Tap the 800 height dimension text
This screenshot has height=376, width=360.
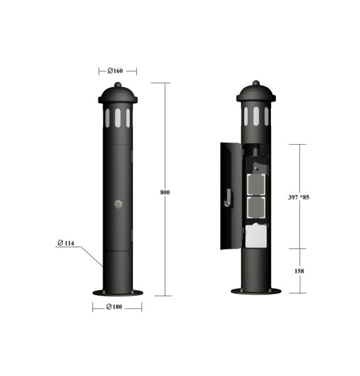[x=165, y=192]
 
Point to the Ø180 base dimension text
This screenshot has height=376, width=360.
[x=117, y=306]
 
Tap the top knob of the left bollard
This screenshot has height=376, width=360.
[x=117, y=85]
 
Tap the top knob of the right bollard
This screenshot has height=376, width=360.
[x=256, y=83]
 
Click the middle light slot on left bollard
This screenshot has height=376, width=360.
[x=117, y=117]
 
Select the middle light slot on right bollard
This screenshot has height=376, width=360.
[x=256, y=115]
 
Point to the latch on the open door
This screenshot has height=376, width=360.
[x=229, y=199]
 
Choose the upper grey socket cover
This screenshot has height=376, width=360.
[x=256, y=185]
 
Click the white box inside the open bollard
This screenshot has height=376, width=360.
[x=257, y=236]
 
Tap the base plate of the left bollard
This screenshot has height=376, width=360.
[x=117, y=292]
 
